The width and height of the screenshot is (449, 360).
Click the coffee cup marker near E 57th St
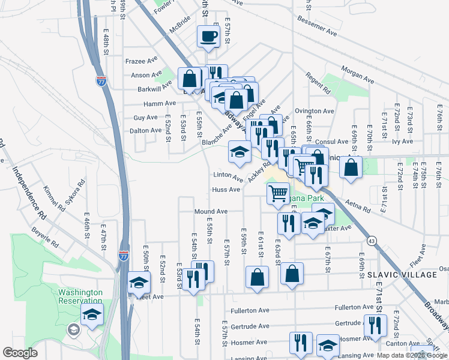[x=209, y=36]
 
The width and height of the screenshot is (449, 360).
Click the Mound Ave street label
[x=211, y=212]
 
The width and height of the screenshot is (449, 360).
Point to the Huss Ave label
[x=226, y=190]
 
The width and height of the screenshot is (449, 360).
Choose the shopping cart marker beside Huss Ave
[x=277, y=193]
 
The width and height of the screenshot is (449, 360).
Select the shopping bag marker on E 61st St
[x=257, y=277]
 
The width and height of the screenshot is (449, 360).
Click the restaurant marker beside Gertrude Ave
[x=375, y=325]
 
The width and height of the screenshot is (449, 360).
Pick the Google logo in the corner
[x=20, y=353]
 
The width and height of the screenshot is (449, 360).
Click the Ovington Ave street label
[x=314, y=111]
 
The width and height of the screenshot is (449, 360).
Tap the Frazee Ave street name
[x=141, y=61]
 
